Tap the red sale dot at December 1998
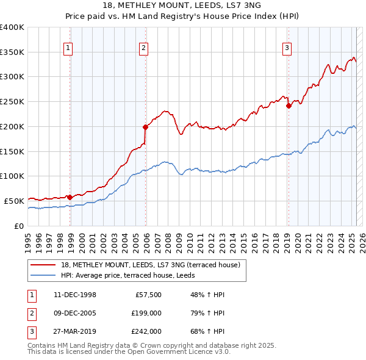[70, 197]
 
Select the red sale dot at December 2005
[146, 127]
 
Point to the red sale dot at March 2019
[289, 106]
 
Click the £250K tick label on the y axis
[12, 101]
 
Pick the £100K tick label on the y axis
[12, 176]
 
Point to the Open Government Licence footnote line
[129, 352]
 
